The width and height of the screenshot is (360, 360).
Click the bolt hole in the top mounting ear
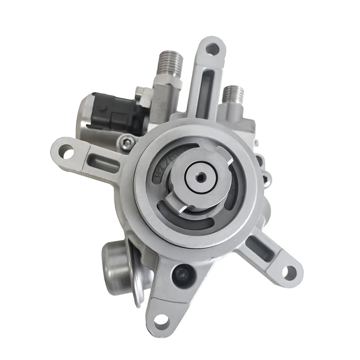pyautogui.click(x=212, y=48)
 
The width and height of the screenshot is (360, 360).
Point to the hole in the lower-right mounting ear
pyautogui.click(x=288, y=272)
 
